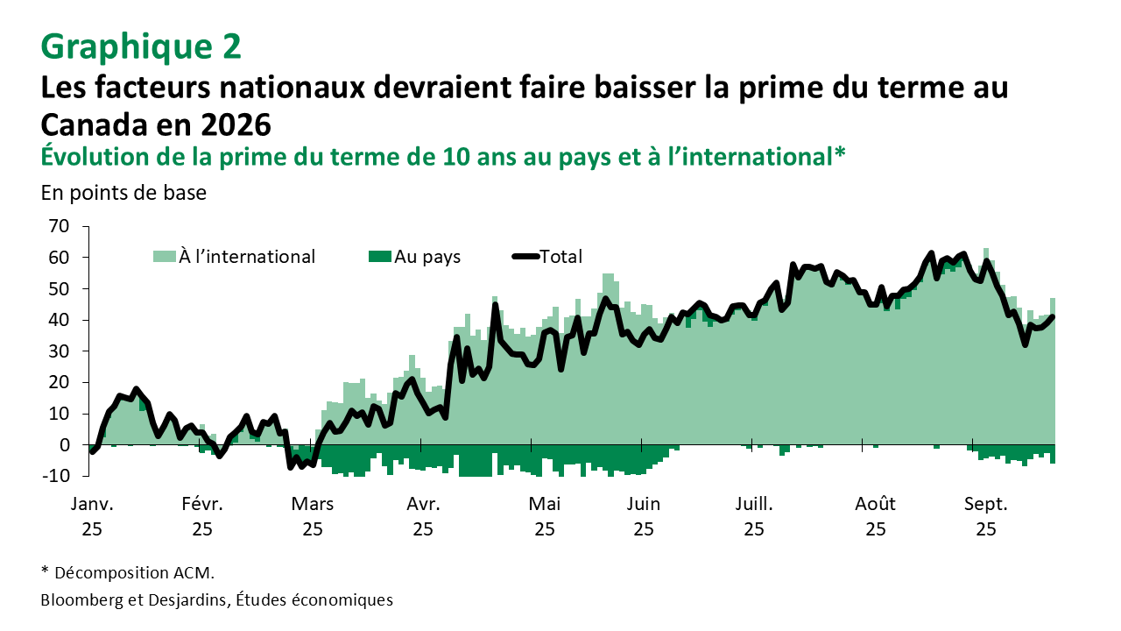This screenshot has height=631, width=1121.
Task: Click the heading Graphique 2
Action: (x=141, y=46)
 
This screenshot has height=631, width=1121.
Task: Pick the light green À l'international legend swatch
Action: (x=165, y=257)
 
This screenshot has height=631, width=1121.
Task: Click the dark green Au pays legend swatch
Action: (x=380, y=257)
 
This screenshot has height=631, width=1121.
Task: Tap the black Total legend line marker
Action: (x=525, y=257)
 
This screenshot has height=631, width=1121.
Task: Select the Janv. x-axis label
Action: (x=92, y=504)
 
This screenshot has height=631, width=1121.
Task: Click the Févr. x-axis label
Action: (x=202, y=504)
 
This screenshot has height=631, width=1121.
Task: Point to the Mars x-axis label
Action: (x=313, y=504)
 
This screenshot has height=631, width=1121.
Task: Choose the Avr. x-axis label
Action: (x=423, y=504)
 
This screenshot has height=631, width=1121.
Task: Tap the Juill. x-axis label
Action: (x=754, y=504)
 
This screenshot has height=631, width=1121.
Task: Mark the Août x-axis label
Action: (x=875, y=504)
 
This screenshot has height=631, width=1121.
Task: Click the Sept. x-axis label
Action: (x=986, y=504)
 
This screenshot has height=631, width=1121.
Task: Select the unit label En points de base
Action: (x=123, y=193)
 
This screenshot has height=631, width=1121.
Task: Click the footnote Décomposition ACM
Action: (x=134, y=573)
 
